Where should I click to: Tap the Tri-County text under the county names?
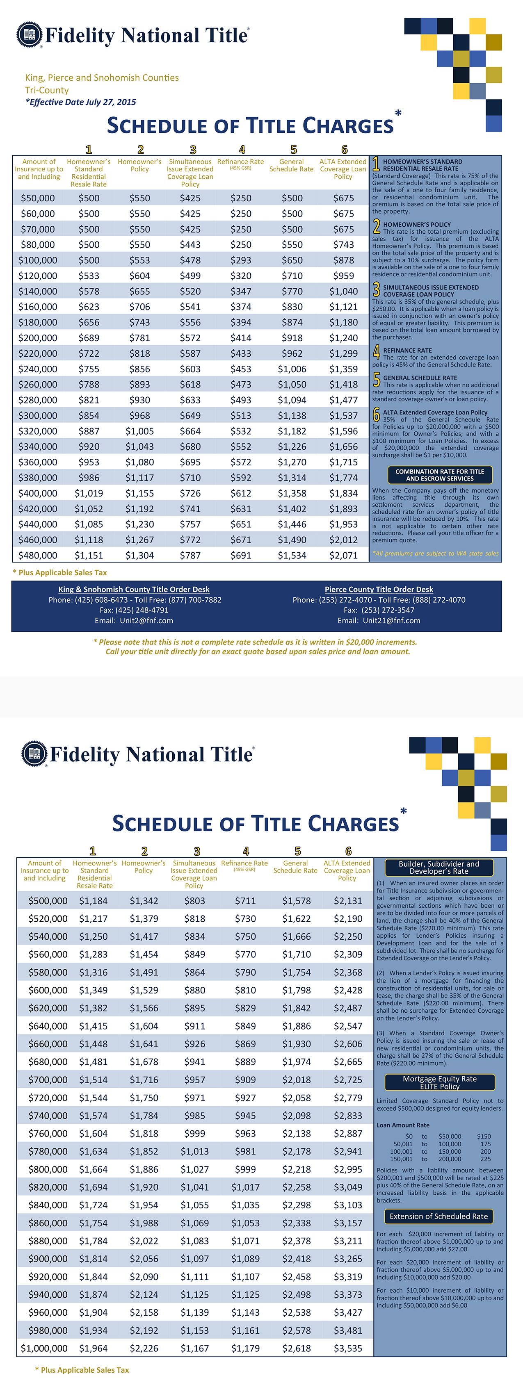pyautogui.click(x=47, y=90)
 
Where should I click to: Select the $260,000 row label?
pyautogui.click(x=37, y=384)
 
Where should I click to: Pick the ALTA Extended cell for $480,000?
pyautogui.click(x=343, y=555)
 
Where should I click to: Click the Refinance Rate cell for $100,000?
pyautogui.click(x=240, y=260)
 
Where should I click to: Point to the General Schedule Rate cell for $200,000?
pyautogui.click(x=292, y=338)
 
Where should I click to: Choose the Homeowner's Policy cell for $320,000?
pyautogui.click(x=140, y=431)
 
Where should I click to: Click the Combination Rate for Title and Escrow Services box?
pyautogui.click(x=440, y=475)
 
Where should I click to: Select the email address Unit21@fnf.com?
pyautogui.click(x=391, y=621)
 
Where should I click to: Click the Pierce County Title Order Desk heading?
pyautogui.click(x=379, y=589)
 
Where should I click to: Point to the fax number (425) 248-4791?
pyautogui.click(x=134, y=610)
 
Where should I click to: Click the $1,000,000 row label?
pyautogui.click(x=44, y=1348)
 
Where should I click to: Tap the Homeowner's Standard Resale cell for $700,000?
pyautogui.click(x=93, y=1080)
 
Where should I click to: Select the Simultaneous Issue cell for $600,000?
pyautogui.click(x=194, y=990)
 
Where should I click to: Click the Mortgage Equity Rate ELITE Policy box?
pyautogui.click(x=440, y=1082)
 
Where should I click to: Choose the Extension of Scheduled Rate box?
pyautogui.click(x=438, y=1216)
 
